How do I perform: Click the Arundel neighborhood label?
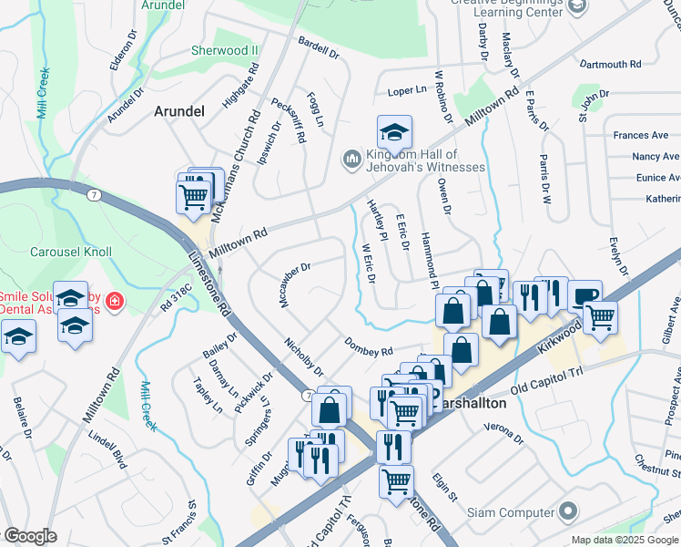[178, 110]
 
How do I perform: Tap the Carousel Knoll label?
[71, 252]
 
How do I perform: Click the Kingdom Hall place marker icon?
[352, 160]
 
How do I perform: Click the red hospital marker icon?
[115, 300]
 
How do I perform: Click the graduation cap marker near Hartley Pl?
[394, 132]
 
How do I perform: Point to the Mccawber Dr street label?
[297, 284]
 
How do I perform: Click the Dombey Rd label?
[368, 346]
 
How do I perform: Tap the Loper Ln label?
[407, 91]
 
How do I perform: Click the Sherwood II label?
[225, 51]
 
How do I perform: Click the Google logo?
[30, 536]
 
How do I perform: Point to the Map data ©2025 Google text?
[624, 540]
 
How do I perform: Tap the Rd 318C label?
[178, 298]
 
